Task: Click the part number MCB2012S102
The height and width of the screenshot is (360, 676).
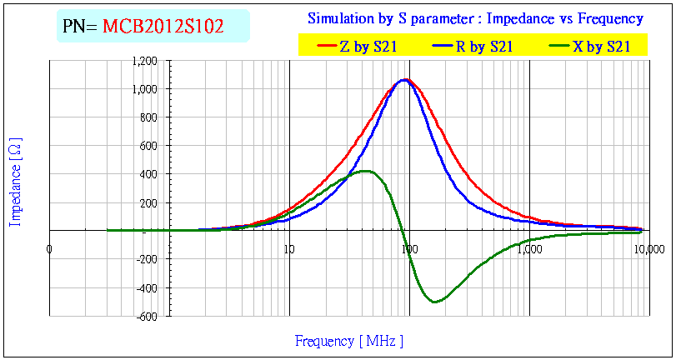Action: [x=163, y=27]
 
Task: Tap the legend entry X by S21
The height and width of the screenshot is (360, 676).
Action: [x=600, y=47]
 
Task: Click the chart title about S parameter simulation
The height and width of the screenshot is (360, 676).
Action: [x=475, y=18]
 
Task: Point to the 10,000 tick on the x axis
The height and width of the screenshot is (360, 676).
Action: [x=648, y=248]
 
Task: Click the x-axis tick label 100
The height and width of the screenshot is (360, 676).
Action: [x=409, y=248]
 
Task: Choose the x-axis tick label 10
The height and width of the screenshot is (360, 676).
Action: [x=289, y=248]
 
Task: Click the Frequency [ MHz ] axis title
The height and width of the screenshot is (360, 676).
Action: [x=348, y=341]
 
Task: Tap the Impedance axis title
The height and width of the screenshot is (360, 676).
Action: [x=15, y=182]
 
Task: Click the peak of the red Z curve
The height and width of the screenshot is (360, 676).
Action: [x=406, y=79]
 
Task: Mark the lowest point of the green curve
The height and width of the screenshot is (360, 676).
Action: [x=435, y=302]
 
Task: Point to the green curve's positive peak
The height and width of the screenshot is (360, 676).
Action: [x=367, y=171]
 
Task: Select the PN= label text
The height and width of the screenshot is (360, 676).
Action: [x=80, y=27]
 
